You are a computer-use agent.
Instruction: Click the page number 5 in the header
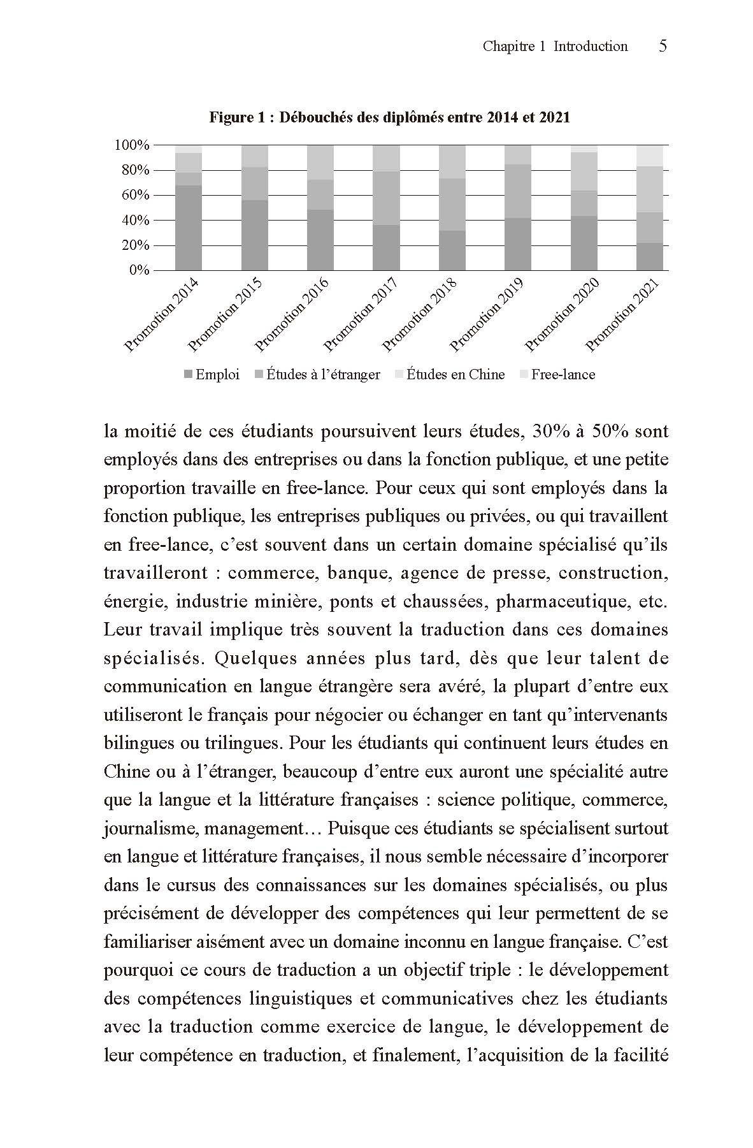coord(663,46)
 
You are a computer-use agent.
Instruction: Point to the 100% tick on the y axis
coord(132,145)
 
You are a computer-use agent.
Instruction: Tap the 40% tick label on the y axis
coord(134,221)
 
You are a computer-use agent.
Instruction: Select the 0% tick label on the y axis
coord(139,270)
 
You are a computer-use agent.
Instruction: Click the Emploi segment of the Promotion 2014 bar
coord(189,228)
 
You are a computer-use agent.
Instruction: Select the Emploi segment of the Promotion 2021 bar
coord(650,256)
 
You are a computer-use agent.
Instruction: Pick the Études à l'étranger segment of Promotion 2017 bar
coord(386,198)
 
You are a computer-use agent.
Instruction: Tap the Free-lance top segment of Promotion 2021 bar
coord(650,156)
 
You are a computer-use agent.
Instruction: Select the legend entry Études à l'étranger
coord(317,375)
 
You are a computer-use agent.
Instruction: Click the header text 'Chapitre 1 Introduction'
coord(555,46)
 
